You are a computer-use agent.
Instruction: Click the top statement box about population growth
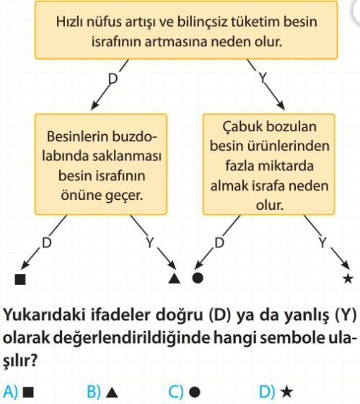[186, 30]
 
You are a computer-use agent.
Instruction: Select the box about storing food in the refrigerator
[101, 164]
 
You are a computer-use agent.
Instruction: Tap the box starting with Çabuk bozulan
[269, 164]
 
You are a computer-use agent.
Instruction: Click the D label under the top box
[113, 79]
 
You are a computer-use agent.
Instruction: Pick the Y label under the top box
[263, 78]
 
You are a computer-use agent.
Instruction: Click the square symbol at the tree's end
[20, 279]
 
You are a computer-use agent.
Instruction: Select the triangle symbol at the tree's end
[174, 278]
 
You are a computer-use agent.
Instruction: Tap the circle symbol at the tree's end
[198, 278]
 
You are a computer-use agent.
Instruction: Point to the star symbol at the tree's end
[348, 278]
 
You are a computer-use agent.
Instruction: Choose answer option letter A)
[10, 392]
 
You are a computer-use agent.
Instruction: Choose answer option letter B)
[94, 392]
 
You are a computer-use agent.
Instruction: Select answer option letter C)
[176, 392]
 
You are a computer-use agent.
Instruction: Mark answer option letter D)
[267, 392]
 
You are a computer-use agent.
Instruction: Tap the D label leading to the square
[47, 242]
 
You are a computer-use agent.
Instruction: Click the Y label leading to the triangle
[150, 242]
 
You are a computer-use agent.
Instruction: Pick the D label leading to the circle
[219, 242]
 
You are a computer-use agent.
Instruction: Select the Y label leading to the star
[322, 242]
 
